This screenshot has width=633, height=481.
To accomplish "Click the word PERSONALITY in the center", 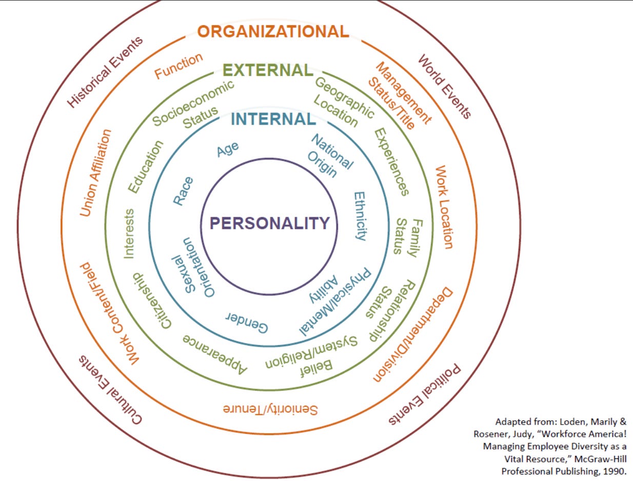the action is (x=269, y=224).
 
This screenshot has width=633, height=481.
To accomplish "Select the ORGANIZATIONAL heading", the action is (x=273, y=32).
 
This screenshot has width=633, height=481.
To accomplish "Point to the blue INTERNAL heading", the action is (x=272, y=119).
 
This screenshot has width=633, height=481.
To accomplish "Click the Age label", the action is (x=228, y=150).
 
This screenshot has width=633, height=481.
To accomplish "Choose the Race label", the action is (x=183, y=191).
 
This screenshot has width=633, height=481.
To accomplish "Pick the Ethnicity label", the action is (x=361, y=216).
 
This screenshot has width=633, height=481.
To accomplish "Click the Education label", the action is (x=145, y=167).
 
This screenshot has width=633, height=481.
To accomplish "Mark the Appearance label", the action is (x=215, y=354).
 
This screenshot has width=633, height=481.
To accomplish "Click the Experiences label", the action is (x=391, y=162).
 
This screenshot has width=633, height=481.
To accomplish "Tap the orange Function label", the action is (x=180, y=66).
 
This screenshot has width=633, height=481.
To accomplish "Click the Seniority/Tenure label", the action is (x=270, y=409).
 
